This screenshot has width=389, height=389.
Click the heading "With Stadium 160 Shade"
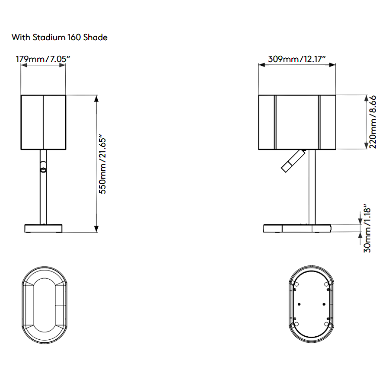point(59,37)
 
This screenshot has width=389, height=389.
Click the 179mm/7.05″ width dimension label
point(43,59)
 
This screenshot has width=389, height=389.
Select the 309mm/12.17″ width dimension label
point(297,59)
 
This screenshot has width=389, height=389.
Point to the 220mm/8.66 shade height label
point(373,122)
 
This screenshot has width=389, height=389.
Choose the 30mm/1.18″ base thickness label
point(367,228)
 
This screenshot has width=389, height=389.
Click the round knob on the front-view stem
point(43,170)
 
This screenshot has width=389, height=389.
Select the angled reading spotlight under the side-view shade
point(293,161)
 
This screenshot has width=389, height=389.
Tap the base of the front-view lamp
point(43,229)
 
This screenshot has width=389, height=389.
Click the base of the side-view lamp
point(297,229)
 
